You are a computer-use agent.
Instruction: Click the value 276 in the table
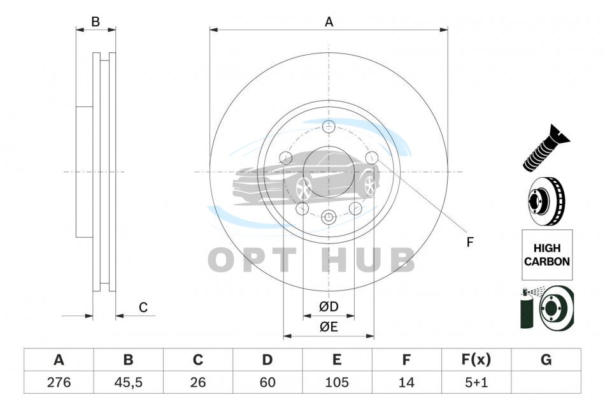[x=59, y=382]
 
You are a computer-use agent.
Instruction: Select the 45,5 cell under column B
[x=128, y=382]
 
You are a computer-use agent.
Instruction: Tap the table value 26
[x=197, y=382]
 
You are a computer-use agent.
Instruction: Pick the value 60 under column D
[x=267, y=382]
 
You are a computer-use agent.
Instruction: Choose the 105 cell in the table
[x=337, y=382]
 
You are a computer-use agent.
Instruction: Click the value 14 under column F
[x=406, y=382]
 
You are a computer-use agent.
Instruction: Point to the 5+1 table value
[x=476, y=382]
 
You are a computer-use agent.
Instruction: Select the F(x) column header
[x=476, y=359]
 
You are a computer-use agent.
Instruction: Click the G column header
[x=546, y=359]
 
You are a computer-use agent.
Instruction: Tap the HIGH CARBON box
[x=547, y=255]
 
